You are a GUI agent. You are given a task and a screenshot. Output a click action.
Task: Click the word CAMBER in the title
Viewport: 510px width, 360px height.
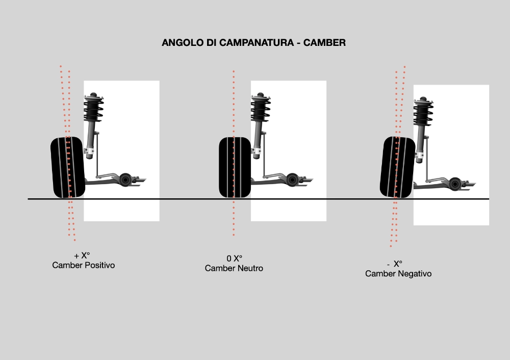(x=324, y=43)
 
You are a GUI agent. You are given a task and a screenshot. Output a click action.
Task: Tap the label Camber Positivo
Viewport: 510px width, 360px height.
(x=83, y=266)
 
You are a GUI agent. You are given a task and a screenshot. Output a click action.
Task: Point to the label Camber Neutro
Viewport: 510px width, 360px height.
(x=234, y=268)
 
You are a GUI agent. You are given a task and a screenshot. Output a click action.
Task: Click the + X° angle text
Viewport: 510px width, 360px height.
(x=82, y=255)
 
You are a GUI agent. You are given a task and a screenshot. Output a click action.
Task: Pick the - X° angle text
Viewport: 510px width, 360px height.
(x=395, y=264)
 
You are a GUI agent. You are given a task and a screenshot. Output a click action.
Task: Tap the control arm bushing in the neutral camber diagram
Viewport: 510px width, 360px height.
(x=292, y=179)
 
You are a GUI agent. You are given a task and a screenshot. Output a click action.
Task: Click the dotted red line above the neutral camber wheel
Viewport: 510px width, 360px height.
(x=234, y=102)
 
